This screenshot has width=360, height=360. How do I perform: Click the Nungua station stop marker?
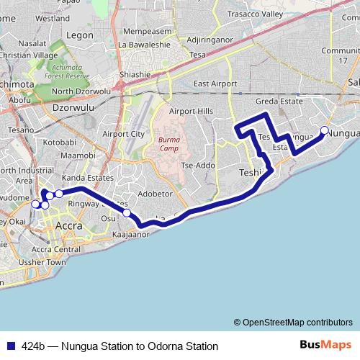click(324, 130)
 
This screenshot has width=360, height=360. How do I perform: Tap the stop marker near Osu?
click(127, 212)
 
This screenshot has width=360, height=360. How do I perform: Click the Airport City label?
click(124, 134)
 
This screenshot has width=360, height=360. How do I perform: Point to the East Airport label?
click(215, 84)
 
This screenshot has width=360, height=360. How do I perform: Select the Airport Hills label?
click(192, 111)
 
